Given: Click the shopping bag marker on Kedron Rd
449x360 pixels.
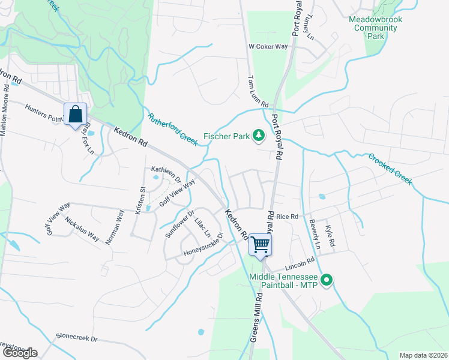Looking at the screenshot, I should coord(76,114).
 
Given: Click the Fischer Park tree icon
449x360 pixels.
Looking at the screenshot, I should coord(259,136).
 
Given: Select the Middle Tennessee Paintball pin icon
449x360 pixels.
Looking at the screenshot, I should coord(327,280).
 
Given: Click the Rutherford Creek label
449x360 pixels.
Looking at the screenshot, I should coord(172,128).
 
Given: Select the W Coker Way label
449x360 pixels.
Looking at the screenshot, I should coord(268,46).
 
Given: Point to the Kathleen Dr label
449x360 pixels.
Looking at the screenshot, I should coord(166,173).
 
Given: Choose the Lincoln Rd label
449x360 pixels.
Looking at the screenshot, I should coord(302,263).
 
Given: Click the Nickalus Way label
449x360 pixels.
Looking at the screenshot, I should coord(82,229).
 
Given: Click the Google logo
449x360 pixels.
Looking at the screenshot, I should coord(19,353).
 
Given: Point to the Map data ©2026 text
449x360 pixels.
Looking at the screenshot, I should coord(423,355).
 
